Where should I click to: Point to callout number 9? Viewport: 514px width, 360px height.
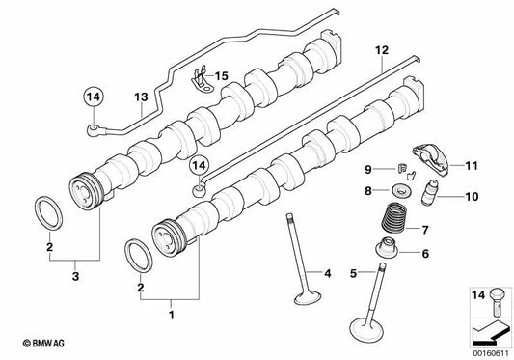[368, 170]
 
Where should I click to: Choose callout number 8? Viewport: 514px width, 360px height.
[368, 192]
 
